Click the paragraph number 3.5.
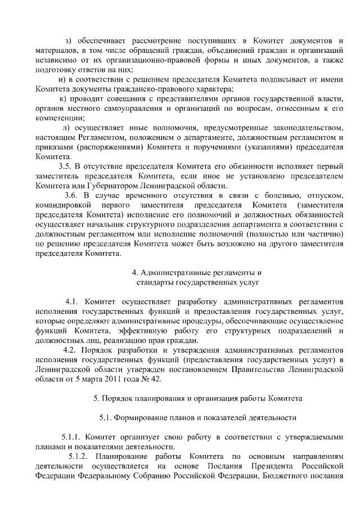pos(65,166)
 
